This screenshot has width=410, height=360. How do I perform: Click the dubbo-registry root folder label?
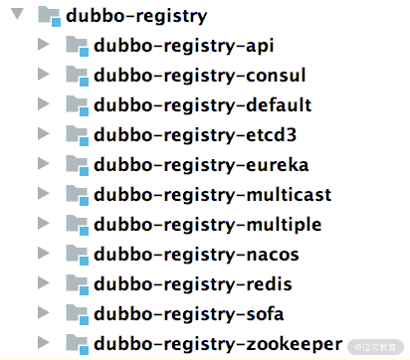136,16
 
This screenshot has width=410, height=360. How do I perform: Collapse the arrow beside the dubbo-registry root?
17,14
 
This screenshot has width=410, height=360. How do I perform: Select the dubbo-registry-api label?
184,46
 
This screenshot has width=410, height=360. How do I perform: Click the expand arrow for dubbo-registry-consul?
43,74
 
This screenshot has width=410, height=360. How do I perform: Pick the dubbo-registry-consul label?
200,76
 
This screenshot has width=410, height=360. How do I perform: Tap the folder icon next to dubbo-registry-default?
78,105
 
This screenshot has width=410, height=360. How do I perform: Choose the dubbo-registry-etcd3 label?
195,135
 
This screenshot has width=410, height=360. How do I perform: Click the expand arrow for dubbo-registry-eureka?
43,163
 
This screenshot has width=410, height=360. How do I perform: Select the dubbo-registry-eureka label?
201,165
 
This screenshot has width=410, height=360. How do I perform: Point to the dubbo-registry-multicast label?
213,195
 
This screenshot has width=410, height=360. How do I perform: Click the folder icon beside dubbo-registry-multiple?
78,225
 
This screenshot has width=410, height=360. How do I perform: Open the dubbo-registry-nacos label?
196,255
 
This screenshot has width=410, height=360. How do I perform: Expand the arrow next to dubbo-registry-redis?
43,282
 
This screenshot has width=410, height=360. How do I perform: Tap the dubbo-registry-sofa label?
189,314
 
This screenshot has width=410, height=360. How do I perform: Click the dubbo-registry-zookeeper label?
218,344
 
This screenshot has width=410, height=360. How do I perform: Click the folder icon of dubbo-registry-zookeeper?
78,344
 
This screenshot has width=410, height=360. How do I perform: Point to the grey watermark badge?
375,347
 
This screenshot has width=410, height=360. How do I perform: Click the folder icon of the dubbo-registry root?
50,16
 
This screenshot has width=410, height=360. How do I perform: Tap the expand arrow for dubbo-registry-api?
43,44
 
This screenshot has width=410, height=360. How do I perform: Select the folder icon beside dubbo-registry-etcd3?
78,135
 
